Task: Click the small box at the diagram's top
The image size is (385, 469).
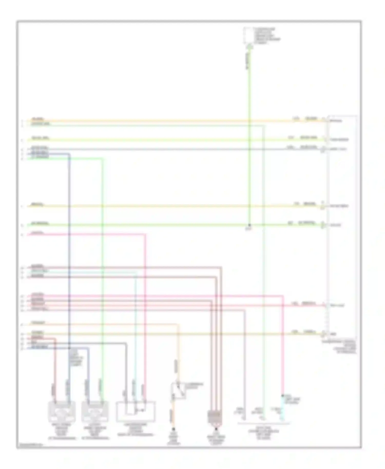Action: pyautogui.click(x=248, y=36)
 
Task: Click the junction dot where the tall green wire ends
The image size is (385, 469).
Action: pyautogui.click(x=249, y=225)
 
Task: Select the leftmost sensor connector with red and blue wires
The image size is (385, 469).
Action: pyautogui.click(x=62, y=411)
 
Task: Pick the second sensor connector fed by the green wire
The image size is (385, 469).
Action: pyautogui.click(x=95, y=411)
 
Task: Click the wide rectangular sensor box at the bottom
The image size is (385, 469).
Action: pyautogui.click(x=136, y=412)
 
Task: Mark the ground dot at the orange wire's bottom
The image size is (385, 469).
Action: pyautogui.click(x=174, y=429)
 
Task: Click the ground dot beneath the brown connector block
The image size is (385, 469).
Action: pyautogui.click(x=216, y=429)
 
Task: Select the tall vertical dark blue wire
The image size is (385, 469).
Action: pyautogui.click(x=69, y=257)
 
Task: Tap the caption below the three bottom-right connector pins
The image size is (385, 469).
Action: pyautogui.click(x=264, y=433)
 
